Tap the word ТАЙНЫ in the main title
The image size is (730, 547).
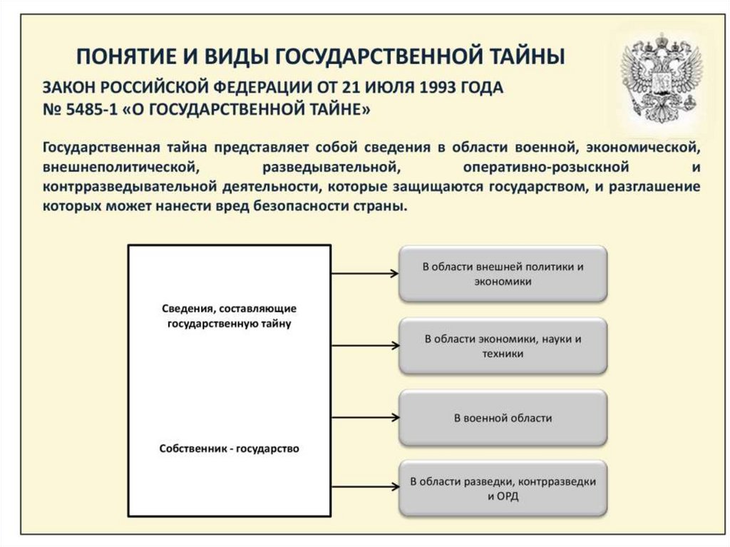point(523,56)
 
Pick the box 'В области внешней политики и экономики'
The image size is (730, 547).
point(503,274)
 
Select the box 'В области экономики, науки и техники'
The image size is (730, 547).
point(503,346)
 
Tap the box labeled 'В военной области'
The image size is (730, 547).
point(503,418)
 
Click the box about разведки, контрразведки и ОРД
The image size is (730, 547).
point(503,489)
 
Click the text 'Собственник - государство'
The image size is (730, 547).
point(229,449)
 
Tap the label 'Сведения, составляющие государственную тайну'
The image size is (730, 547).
point(229,315)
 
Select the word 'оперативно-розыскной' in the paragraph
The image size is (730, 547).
point(545,168)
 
